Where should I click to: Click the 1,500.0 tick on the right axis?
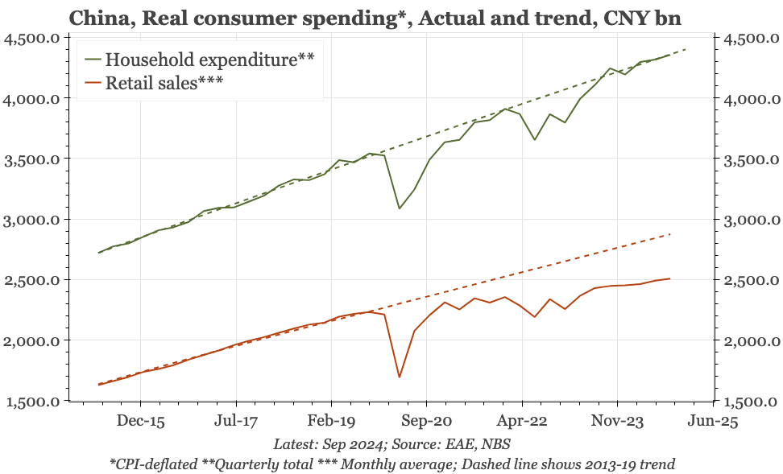point(750,401)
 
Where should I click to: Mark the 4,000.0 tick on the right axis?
point(750,99)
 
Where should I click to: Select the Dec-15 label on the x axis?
point(141,419)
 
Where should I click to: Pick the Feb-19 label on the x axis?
point(332,419)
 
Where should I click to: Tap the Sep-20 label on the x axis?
point(427,419)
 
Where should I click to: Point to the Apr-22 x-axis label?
point(522,419)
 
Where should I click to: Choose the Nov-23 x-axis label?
point(617,419)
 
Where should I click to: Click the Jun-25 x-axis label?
point(712,419)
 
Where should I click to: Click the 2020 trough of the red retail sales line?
point(399,377)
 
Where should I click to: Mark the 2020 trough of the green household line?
point(399,208)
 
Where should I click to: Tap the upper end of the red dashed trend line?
point(670,234)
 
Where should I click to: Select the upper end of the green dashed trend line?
point(686,50)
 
